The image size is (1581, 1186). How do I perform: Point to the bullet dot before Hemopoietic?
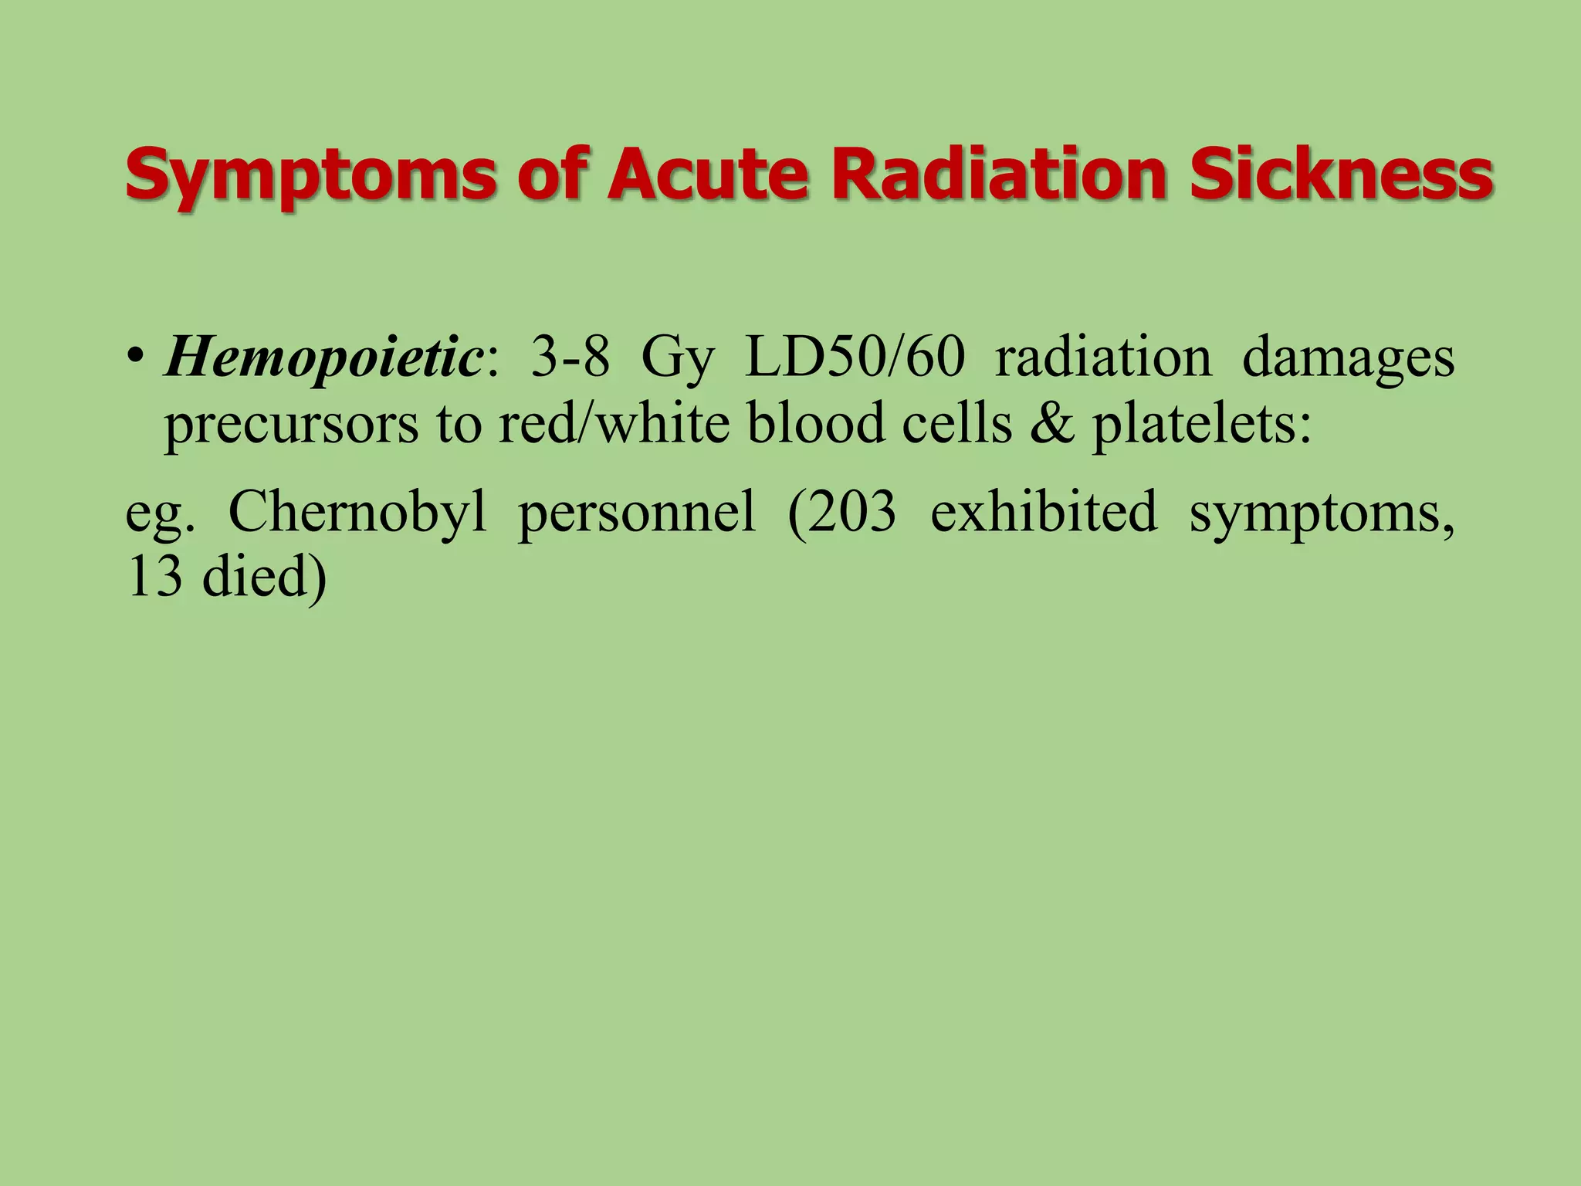coord(137,357)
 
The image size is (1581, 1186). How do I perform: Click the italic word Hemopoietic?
coord(323,357)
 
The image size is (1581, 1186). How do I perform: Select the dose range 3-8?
coord(570,357)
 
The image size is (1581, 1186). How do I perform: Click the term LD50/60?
coord(855,357)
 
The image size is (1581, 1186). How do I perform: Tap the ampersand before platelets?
coord(1052,424)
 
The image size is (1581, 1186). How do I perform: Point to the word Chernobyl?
coord(358,511)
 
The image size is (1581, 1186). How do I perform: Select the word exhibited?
coord(1044,511)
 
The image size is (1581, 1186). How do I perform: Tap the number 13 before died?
coord(155,577)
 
